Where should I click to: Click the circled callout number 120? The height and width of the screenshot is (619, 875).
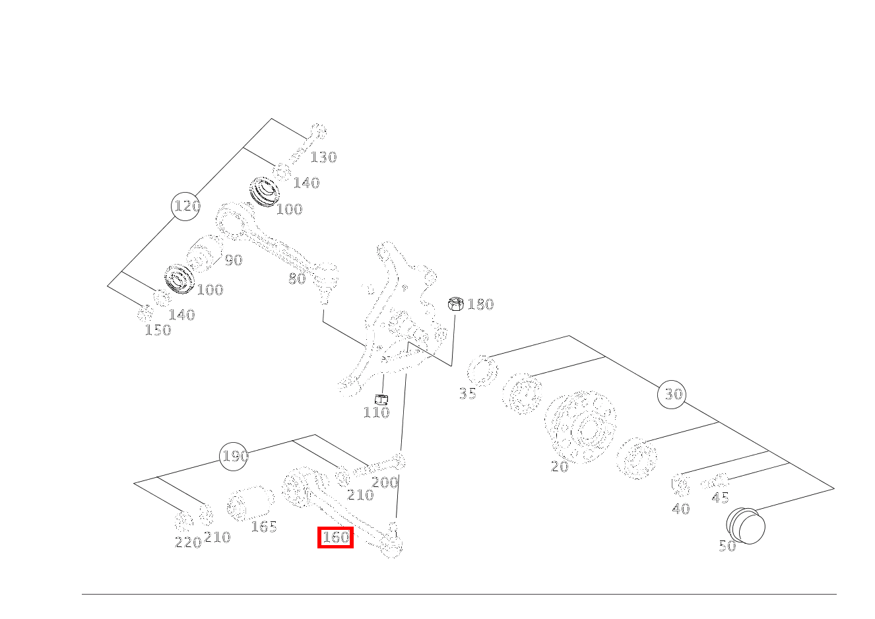tap(186, 206)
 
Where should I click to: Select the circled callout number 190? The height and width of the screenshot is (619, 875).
tap(234, 456)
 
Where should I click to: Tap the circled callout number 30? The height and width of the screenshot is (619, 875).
tap(672, 395)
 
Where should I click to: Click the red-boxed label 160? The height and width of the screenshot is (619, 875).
tap(335, 537)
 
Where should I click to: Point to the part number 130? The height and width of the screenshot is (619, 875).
tap(323, 157)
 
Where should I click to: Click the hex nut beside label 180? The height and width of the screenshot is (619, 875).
tap(456, 304)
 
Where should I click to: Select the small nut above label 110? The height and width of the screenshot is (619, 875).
tap(381, 399)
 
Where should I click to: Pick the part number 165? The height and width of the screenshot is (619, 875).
tap(264, 527)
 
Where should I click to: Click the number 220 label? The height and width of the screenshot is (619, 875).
tap(188, 542)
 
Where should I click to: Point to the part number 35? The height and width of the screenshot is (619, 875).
tap(468, 394)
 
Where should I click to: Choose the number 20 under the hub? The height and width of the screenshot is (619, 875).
tap(560, 467)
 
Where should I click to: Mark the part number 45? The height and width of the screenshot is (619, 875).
tap(721, 498)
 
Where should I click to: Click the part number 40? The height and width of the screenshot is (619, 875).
tap(681, 509)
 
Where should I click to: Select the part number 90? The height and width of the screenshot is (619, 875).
tap(234, 260)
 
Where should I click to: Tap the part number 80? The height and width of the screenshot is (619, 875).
tap(297, 279)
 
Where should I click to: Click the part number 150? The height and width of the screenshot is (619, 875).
tap(158, 331)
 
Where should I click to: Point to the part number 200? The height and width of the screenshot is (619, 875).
tap(385, 482)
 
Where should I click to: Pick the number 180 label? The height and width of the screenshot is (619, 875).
tap(480, 305)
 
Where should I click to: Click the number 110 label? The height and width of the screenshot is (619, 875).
tap(376, 413)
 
